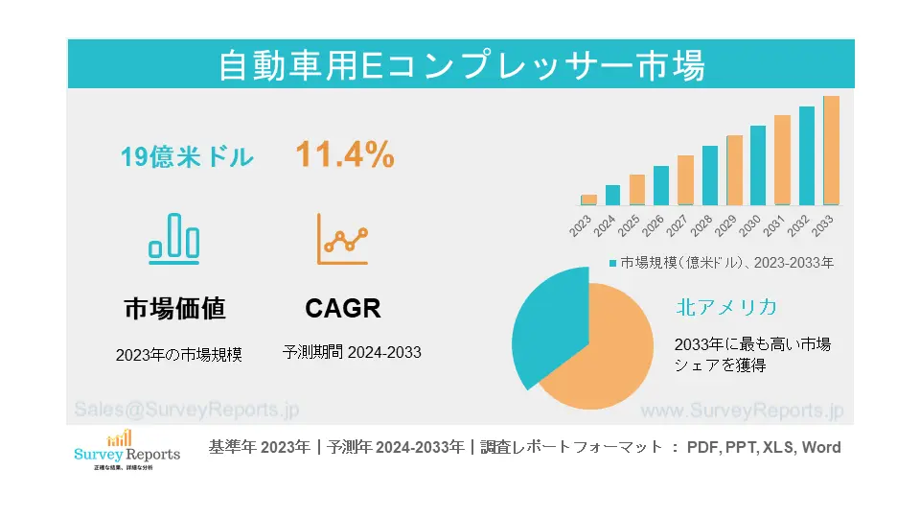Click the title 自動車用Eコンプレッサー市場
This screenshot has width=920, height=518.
461,65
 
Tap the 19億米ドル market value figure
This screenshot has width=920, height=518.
188,156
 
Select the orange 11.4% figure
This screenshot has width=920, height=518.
344,155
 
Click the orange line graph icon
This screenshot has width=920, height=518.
343,239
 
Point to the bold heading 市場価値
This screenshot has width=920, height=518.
174,308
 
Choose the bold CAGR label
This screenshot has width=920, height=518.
343,308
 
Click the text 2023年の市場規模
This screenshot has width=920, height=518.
179,354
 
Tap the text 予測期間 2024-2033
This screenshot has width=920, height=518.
352,352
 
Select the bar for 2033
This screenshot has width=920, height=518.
831,151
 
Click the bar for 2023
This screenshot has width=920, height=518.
588,200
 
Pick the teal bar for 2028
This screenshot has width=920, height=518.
709,176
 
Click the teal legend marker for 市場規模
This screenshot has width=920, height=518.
612,262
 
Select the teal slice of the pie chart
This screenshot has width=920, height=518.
548,321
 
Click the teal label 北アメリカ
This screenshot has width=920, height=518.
725,307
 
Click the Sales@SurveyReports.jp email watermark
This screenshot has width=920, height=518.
187,409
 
